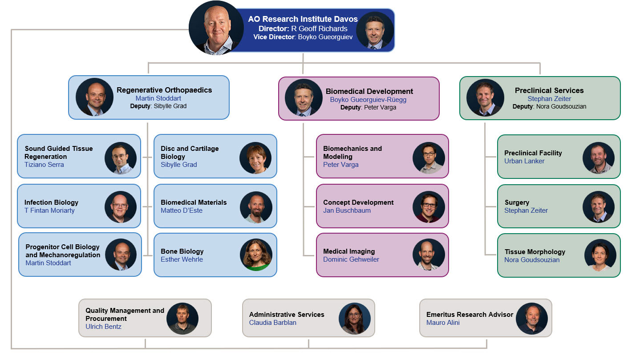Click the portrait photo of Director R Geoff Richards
click(x=216, y=28)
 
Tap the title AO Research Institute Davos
click(x=303, y=19)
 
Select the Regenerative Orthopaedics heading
click(x=164, y=90)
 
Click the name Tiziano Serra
click(x=44, y=165)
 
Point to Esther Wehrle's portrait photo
click(x=256, y=255)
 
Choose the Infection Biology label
click(x=51, y=202)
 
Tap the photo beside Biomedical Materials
click(x=256, y=207)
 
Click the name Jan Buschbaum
click(x=347, y=210)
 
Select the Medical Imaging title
click(x=349, y=251)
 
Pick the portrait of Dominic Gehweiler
click(x=429, y=255)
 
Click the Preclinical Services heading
click(x=549, y=90)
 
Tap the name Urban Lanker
click(x=524, y=161)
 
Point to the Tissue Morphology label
click(x=535, y=252)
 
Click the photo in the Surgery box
click(x=599, y=207)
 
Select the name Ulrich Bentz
click(x=103, y=327)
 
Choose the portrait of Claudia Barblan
click(x=355, y=319)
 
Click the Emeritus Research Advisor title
click(x=470, y=315)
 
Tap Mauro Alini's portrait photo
click(x=532, y=319)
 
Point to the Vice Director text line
click(x=303, y=37)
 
